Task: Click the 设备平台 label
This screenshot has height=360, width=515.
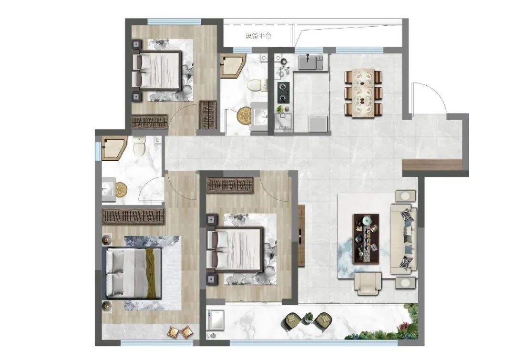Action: pyautogui.click(x=258, y=36)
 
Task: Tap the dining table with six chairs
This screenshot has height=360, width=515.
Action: pyautogui.click(x=363, y=93)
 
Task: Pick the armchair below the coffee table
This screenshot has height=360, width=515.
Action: pyautogui.click(x=368, y=283)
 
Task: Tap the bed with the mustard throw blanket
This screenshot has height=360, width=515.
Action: pyautogui.click(x=134, y=273)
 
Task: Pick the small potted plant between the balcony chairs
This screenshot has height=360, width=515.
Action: pyautogui.click(x=308, y=317)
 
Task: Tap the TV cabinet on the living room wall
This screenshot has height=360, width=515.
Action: pyautogui.click(x=301, y=236)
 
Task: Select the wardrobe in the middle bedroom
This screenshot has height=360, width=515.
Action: pyautogui.click(x=230, y=185)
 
